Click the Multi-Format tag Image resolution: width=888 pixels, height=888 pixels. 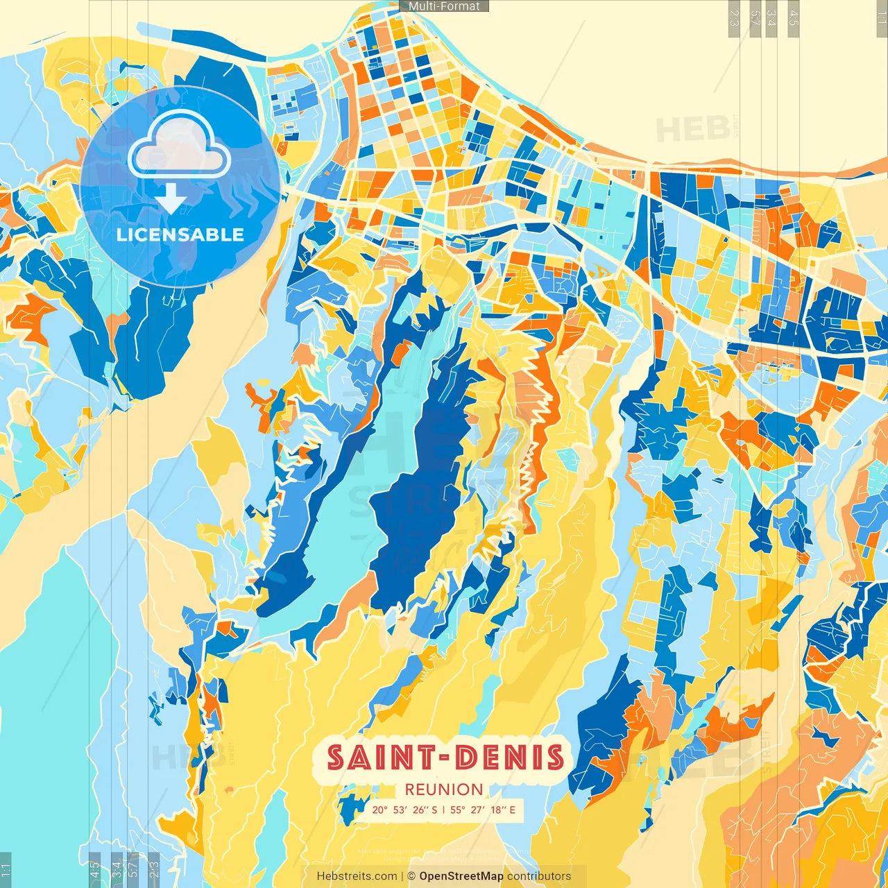point(444,6)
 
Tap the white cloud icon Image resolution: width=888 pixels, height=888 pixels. point(179,146)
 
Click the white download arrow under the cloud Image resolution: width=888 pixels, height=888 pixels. point(171,199)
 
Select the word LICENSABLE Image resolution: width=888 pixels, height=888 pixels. point(180,234)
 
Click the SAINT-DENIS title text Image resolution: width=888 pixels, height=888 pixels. point(445,758)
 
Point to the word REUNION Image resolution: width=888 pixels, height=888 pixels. point(444,789)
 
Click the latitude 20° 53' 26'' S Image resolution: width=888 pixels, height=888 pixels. point(404,810)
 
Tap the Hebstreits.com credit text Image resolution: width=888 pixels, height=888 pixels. point(357,876)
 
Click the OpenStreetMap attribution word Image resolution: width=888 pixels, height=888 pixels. point(461,876)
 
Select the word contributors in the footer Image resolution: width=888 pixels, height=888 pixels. point(539,876)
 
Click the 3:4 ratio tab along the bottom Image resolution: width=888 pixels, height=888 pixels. point(117,869)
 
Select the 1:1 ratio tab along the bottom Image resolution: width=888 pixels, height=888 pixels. point(6,869)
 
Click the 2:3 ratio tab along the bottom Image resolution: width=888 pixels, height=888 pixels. point(154,869)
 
